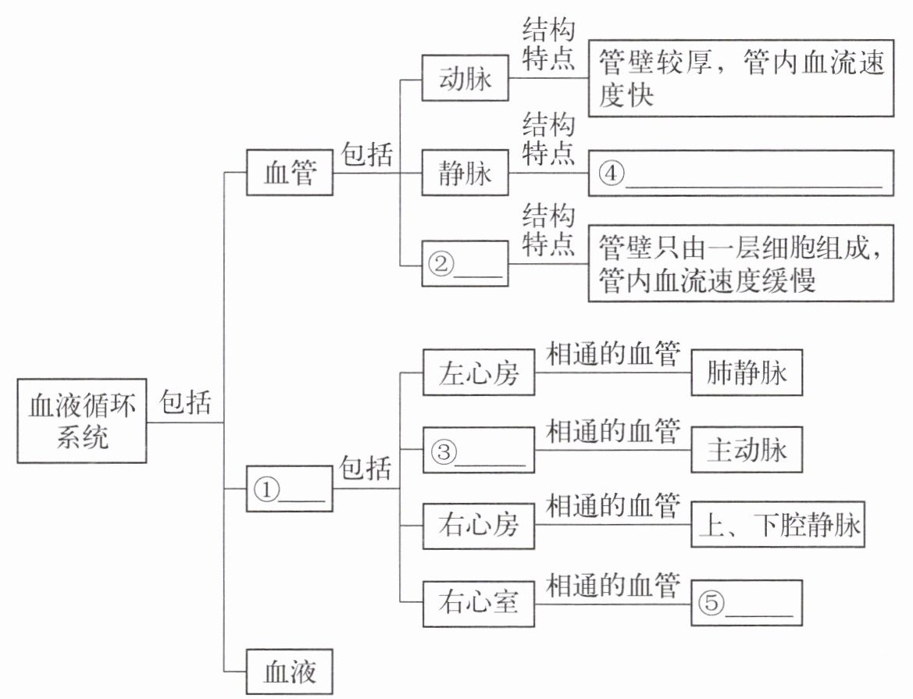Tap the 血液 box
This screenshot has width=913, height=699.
(290, 672)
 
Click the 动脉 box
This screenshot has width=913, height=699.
(465, 78)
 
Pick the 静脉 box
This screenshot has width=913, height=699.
(465, 173)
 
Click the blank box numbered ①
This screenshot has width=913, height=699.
(290, 489)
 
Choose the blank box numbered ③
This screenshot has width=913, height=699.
(479, 451)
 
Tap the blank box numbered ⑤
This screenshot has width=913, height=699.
(747, 602)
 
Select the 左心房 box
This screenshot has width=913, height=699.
(479, 373)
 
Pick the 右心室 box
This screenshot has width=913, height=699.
(479, 602)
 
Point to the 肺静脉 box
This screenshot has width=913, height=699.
(747, 373)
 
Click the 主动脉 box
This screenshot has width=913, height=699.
(747, 451)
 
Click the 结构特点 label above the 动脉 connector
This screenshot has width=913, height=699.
(548, 45)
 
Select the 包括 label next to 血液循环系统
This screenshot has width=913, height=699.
(186, 404)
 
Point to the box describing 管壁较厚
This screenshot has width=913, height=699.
(740, 78)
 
